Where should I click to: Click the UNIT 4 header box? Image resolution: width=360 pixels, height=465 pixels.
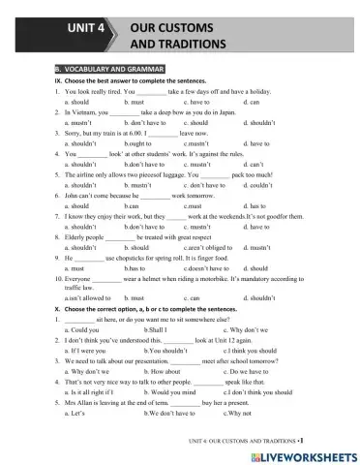pyautogui.click(x=86, y=29)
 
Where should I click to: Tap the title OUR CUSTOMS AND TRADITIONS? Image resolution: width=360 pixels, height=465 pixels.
pyautogui.click(x=178, y=37)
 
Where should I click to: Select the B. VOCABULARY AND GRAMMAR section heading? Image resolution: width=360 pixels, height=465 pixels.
pyautogui.click(x=108, y=69)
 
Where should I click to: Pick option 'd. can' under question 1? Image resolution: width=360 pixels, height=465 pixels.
pyautogui.click(x=254, y=102)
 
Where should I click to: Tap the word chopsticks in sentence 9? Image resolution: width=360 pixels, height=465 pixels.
pyautogui.click(x=138, y=258)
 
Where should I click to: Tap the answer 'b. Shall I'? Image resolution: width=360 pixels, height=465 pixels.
pyautogui.click(x=157, y=330)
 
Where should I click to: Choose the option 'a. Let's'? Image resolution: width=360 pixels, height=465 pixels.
pyautogui.click(x=75, y=413)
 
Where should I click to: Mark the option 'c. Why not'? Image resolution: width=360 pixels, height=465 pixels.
pyautogui.click(x=242, y=413)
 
